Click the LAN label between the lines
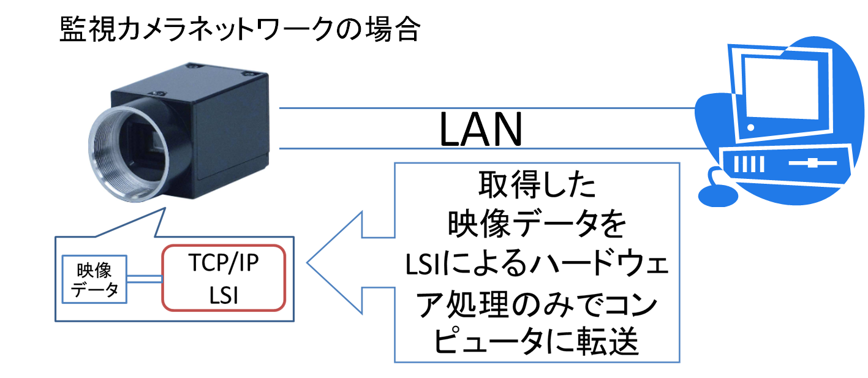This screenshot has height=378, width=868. coord(481,129)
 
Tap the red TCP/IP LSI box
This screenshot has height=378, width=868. coord(224,278)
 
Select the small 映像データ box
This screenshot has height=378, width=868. coord(94,279)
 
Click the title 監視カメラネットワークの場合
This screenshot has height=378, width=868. coord(240,29)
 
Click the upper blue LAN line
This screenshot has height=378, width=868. coord(487,108)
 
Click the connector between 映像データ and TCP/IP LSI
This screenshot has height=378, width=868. coord(144,279)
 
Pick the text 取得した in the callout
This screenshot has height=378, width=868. coord(537,185)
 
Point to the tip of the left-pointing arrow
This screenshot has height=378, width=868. coord(308,262)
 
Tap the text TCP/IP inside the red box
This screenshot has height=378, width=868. coord(224,262)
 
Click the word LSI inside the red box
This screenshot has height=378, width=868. coord(224,295)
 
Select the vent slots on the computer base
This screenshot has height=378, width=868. coord(749,164)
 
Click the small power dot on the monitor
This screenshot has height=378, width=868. coord(750,127)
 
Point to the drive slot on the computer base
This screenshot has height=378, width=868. coord(813,163)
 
